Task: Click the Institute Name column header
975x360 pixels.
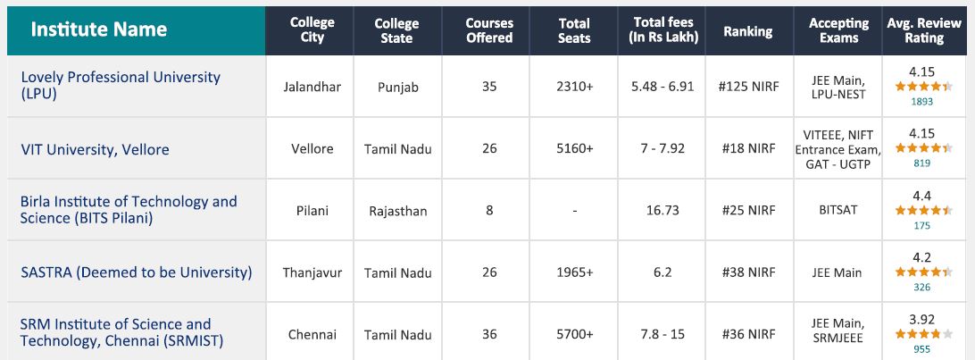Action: [x=99, y=29]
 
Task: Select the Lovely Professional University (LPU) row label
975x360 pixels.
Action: [x=120, y=85]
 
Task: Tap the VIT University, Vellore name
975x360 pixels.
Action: [x=95, y=149]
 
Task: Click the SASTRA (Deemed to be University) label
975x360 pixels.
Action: [x=136, y=272]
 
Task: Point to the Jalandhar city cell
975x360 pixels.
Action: [x=312, y=88]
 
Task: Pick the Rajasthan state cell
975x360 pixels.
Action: [x=397, y=211]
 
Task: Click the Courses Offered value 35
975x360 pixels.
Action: [x=489, y=88]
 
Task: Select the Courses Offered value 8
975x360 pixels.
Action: [x=489, y=211]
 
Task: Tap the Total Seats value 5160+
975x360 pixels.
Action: [x=574, y=148]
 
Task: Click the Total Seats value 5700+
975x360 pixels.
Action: [x=574, y=334]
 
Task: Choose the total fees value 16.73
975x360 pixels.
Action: [x=662, y=211]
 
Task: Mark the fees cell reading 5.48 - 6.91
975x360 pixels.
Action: [x=662, y=88]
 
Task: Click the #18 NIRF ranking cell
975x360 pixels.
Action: [x=747, y=148]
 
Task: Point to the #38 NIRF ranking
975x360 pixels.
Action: [x=747, y=272]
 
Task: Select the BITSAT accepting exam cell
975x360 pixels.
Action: [x=837, y=211]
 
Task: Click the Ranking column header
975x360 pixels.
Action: [x=747, y=30]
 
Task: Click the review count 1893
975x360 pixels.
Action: [x=922, y=102]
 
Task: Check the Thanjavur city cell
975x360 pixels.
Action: [x=312, y=272]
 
